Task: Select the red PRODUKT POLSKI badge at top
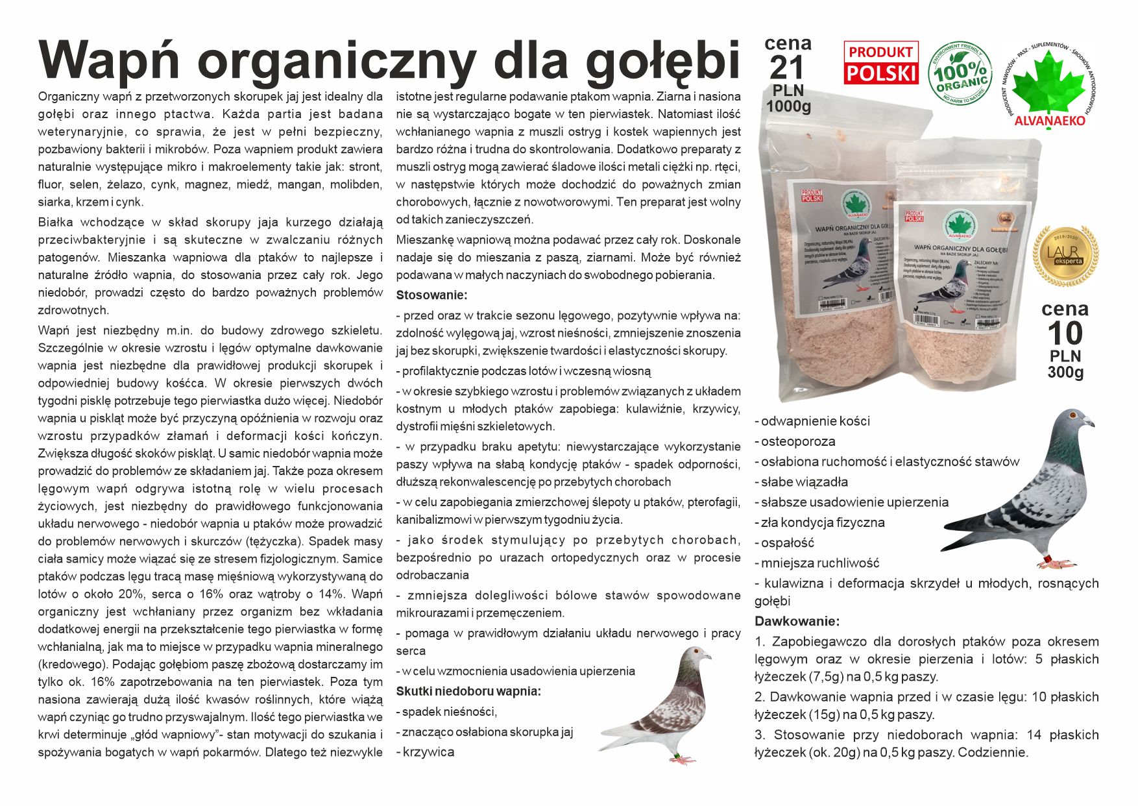tap(880, 63)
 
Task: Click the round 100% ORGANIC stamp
tap(960, 73)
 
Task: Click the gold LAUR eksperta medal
tap(1065, 255)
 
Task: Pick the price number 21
tap(787, 68)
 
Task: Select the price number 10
tap(1065, 334)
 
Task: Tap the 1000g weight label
tap(788, 106)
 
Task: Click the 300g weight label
tap(1065, 372)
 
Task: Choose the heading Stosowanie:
tap(431, 295)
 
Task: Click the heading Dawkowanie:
tap(797, 621)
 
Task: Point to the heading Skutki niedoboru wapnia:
tap(468, 691)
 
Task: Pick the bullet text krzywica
tap(428, 752)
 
